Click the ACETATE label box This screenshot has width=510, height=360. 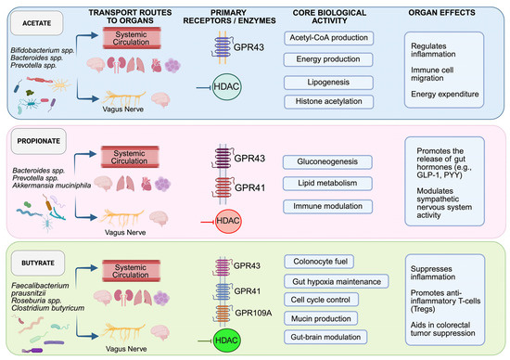coord(37,23)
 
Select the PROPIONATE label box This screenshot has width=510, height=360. coord(39,141)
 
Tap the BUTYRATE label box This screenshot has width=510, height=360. coord(38,263)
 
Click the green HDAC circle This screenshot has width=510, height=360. coord(226,341)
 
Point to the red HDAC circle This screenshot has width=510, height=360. coord(228,221)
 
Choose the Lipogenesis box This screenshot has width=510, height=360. coord(328,83)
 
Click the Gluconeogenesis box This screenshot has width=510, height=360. coord(327,161)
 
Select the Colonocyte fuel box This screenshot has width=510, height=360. coord(320,262)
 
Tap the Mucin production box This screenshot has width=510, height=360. coord(321,318)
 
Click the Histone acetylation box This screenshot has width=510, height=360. coord(328,101)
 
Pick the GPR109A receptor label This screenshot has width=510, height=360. coord(253,313)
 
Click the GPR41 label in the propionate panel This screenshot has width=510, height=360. coord(249,187)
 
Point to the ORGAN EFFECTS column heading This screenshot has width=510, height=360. coord(441,13)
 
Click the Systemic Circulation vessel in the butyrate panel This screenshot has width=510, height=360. coord(131,271)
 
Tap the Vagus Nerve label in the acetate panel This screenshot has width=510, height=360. coord(123,109)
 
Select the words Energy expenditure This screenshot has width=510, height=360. coord(444,94)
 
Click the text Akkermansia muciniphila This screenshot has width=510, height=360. coord(51,186)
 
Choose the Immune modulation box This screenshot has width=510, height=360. coord(327,206)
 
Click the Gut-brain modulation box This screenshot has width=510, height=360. coord(325,337)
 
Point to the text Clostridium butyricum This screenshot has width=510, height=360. coord(48,308)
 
